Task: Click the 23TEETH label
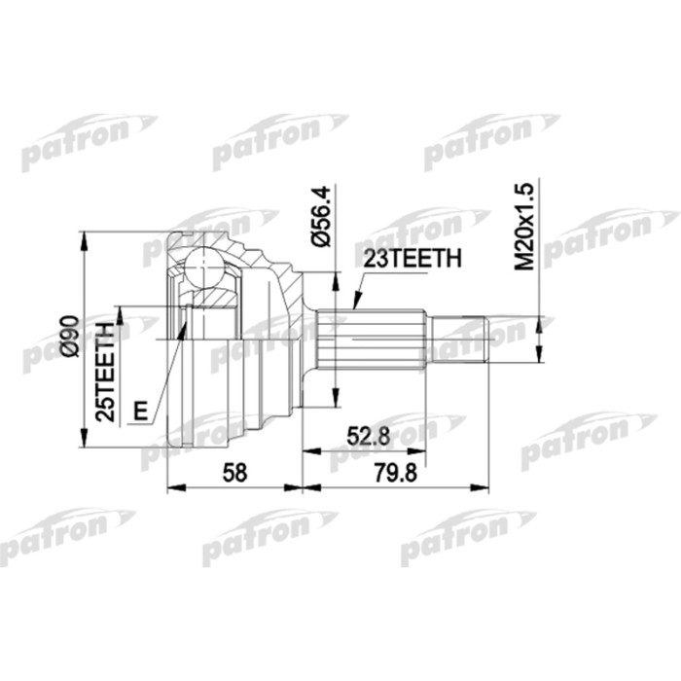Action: tap(408, 259)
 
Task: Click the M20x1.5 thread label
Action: tap(526, 231)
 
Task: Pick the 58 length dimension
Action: tap(234, 472)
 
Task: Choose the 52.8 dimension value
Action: tap(366, 437)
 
